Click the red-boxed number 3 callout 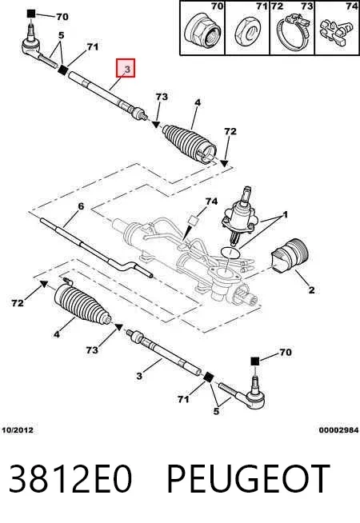126,68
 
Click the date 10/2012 18,430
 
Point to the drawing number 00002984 338,430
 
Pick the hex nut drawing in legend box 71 248,33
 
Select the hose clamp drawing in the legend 293,32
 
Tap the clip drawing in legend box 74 336,31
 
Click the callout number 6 81,206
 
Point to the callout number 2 311,289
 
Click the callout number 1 285,215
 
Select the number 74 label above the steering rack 211,202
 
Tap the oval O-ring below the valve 231,252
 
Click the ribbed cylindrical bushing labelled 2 290,256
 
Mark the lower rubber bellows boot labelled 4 82,304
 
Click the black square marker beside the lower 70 254,361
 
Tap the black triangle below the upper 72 225,163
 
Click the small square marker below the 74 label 194,221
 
